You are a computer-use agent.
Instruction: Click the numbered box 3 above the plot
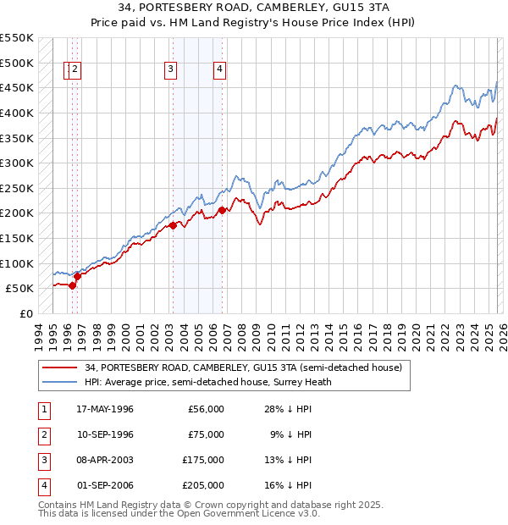[x=171, y=70]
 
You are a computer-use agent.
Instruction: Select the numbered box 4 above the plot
[x=220, y=70]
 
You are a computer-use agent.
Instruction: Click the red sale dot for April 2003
[x=173, y=225]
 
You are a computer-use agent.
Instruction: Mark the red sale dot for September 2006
[x=222, y=210]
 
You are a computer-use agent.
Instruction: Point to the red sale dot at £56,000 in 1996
[x=73, y=285]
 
